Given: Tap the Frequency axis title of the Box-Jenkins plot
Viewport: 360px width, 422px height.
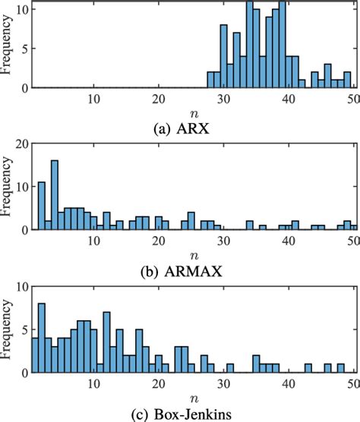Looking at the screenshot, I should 7,335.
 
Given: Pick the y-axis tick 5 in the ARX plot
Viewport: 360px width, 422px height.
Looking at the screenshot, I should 24,51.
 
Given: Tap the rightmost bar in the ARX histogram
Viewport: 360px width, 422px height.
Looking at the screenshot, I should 347,80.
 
